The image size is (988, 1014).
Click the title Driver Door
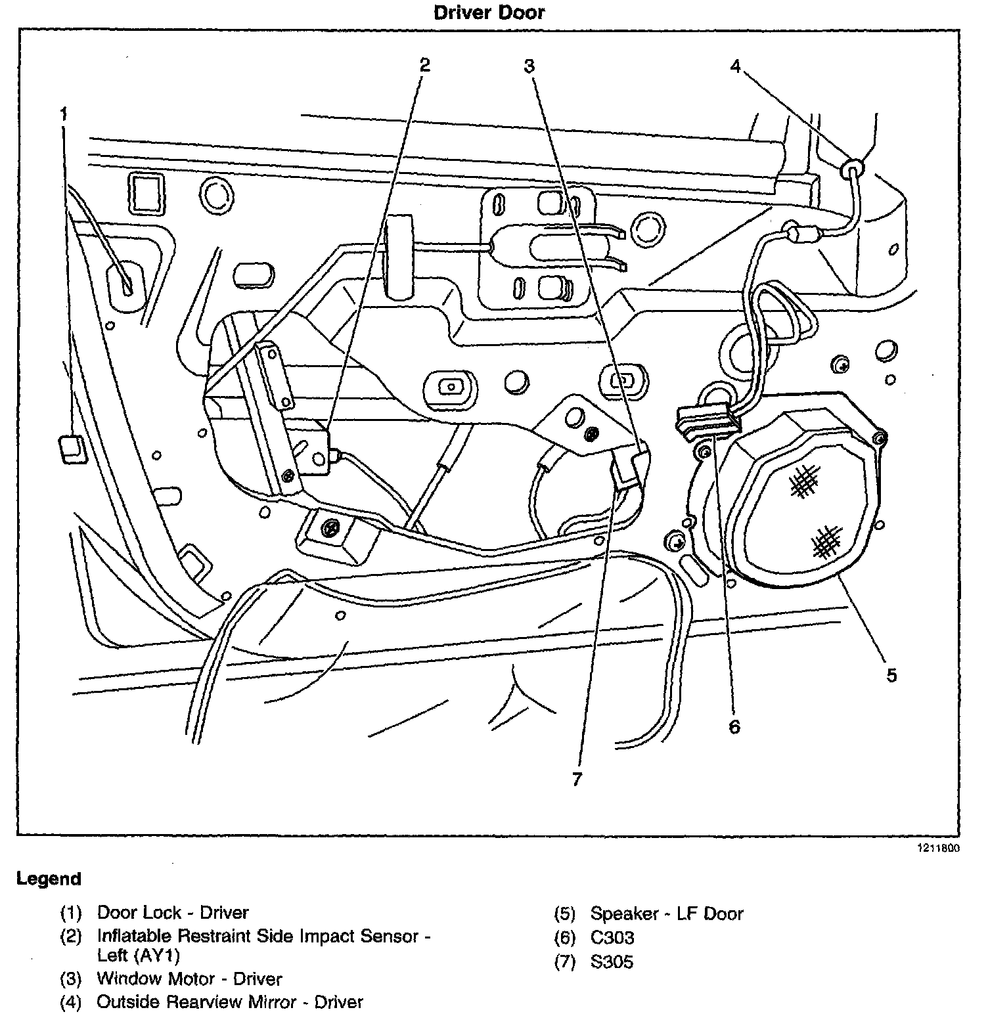pyautogui.click(x=489, y=12)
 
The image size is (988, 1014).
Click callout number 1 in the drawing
pyautogui.click(x=64, y=114)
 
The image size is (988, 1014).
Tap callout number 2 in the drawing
pyautogui.click(x=424, y=64)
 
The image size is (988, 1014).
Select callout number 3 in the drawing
pyautogui.click(x=529, y=66)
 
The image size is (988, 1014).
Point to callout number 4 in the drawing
pyautogui.click(x=736, y=66)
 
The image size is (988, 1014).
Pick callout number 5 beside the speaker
pyautogui.click(x=891, y=674)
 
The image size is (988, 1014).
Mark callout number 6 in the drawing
pyautogui.click(x=734, y=726)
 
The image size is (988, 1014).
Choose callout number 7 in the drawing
pyautogui.click(x=577, y=780)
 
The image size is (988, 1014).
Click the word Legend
pyautogui.click(x=49, y=879)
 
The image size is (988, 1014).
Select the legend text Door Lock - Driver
pyautogui.click(x=173, y=912)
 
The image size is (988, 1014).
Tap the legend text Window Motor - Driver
pyautogui.click(x=189, y=979)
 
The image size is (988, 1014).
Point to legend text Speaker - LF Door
pyautogui.click(x=666, y=914)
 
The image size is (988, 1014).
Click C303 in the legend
pyautogui.click(x=612, y=938)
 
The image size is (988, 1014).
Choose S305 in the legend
pyautogui.click(x=612, y=962)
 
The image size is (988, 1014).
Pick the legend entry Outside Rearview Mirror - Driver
pyautogui.click(x=229, y=1002)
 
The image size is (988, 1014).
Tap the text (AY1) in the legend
pyautogui.click(x=158, y=956)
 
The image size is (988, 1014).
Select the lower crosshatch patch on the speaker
pyautogui.click(x=826, y=540)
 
